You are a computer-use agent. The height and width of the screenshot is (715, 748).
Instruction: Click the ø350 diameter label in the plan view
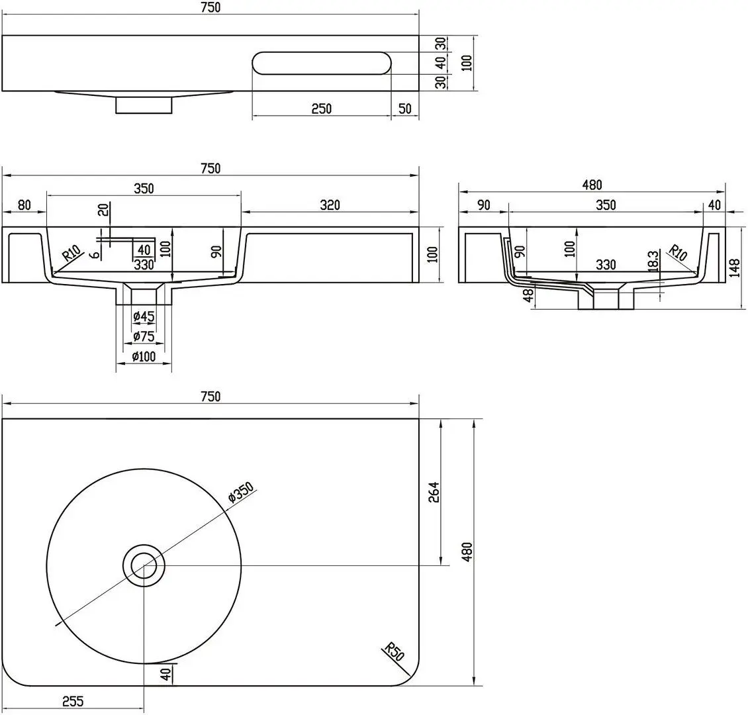point(241,493)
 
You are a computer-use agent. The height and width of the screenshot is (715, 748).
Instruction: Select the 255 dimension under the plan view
point(73,701)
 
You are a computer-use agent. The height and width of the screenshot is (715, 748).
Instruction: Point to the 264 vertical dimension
point(434,493)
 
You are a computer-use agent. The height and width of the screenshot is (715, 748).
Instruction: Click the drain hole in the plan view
point(144,565)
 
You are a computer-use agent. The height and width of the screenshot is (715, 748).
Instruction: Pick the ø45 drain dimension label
point(144,316)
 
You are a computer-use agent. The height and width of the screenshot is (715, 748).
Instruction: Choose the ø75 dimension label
point(144,336)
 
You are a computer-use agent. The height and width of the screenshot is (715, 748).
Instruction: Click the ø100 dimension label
point(144,356)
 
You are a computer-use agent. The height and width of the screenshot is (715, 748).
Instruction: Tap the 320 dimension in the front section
point(330,205)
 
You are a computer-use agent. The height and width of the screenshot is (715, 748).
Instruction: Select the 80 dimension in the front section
point(24,205)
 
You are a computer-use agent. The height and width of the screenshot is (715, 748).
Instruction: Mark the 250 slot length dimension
point(322,109)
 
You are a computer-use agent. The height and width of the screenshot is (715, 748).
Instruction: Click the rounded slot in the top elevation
point(322,63)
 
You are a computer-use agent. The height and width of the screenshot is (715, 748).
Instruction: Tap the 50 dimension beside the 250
point(404,109)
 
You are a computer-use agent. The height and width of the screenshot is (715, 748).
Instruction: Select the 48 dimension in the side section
point(528,296)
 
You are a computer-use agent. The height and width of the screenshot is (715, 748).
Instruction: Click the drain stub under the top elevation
point(144,105)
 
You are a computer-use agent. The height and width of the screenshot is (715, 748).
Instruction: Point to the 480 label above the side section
point(592,185)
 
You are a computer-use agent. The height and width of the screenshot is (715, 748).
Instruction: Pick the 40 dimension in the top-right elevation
point(441,62)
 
